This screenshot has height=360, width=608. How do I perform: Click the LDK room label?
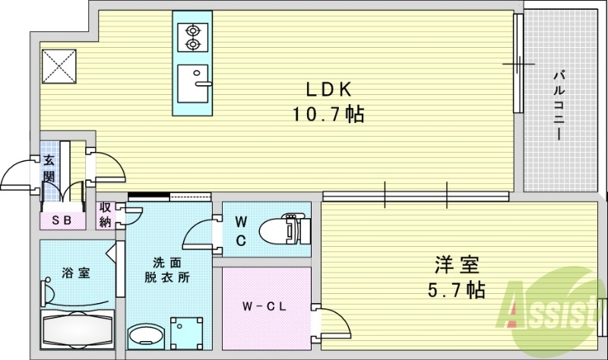(x=328, y=90)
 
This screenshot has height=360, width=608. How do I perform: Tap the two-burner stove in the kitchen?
(x=192, y=37)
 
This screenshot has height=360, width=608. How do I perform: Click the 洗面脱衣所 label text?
(x=166, y=270)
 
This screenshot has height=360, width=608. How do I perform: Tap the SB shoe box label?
(x=61, y=220)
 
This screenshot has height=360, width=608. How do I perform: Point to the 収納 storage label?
(x=105, y=215)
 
